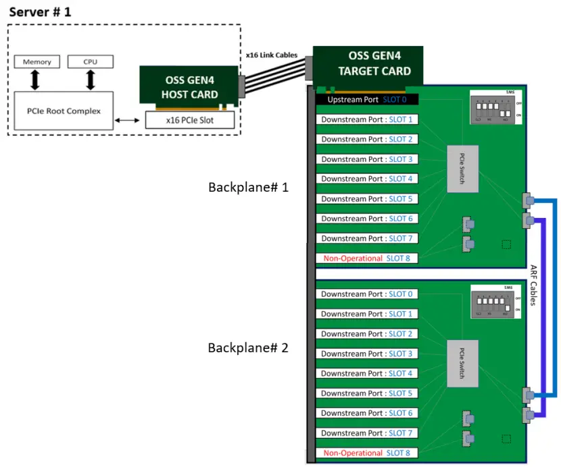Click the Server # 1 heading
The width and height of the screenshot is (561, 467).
tap(39, 11)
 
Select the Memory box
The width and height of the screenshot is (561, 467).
tap(36, 62)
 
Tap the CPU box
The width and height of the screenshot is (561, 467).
tap(90, 62)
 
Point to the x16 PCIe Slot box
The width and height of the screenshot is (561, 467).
tap(190, 120)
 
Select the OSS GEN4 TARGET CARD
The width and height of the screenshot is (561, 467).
tap(368, 65)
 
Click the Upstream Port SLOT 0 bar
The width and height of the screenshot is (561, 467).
tap(368, 100)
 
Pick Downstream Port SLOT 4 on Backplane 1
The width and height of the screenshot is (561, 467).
tap(367, 179)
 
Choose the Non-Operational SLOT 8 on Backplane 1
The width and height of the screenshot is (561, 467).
tap(367, 258)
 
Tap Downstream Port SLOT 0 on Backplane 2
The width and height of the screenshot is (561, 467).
tap(367, 294)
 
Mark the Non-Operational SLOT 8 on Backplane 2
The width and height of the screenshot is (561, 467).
tap(367, 453)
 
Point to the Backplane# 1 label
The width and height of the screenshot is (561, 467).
tap(248, 187)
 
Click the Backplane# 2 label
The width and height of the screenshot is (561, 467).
tap(248, 348)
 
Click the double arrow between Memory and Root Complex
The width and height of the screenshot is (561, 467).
tap(36, 80)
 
